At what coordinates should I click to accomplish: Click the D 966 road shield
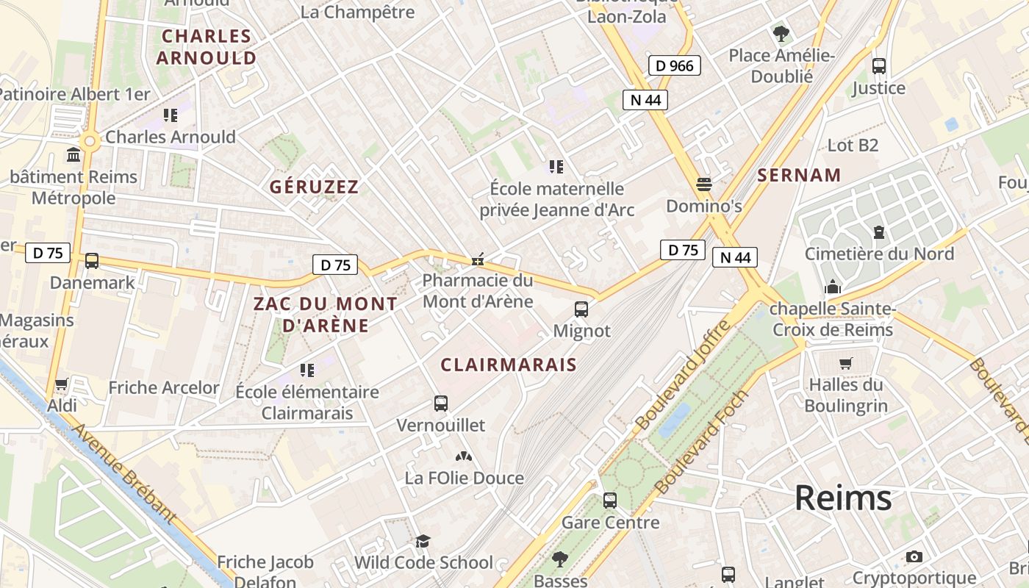click(675, 65)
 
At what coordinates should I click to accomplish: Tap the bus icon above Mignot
click(581, 309)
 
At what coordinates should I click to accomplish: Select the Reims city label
click(843, 498)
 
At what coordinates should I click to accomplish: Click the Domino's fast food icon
click(704, 184)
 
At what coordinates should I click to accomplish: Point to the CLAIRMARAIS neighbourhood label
click(509, 365)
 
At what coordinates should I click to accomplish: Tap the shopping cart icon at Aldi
click(62, 384)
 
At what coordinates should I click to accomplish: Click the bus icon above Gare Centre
click(610, 501)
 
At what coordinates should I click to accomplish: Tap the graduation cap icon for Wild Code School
click(423, 542)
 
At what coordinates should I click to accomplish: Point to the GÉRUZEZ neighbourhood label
click(314, 187)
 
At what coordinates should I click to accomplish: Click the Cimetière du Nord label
click(879, 254)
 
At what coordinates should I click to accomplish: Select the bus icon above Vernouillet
click(441, 403)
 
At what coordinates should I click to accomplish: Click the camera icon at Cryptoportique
click(914, 556)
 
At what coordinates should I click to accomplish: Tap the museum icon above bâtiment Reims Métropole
click(74, 155)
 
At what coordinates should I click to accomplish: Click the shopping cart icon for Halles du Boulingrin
click(845, 363)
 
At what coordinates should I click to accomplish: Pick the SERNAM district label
click(799, 175)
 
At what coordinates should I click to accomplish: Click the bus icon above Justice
click(879, 65)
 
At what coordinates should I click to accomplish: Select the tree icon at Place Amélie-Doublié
click(781, 33)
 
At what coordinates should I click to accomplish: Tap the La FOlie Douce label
click(464, 478)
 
